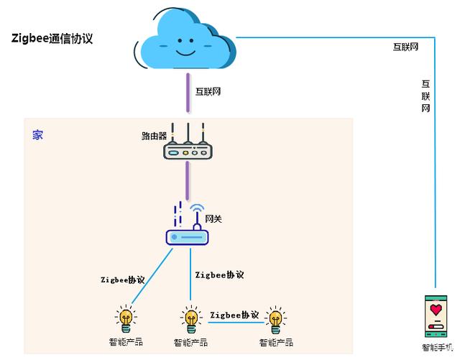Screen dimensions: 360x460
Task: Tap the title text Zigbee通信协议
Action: [x=52, y=39]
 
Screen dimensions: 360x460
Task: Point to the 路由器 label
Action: [x=154, y=135]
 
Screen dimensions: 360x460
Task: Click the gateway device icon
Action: [x=187, y=234]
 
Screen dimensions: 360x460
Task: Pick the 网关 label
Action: [x=213, y=218]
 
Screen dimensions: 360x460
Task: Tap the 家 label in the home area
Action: [x=37, y=134]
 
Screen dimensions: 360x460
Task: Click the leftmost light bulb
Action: [x=125, y=318]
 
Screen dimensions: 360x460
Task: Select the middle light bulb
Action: [x=190, y=318]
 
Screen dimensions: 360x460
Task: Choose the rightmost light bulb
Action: [x=274, y=318]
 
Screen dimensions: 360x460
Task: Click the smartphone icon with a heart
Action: [x=436, y=315]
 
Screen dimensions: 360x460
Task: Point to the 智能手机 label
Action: [x=438, y=347]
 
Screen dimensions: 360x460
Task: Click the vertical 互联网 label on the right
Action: [x=425, y=96]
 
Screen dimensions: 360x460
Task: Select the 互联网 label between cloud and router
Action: [x=208, y=92]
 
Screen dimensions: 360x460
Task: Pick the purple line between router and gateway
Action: [x=188, y=180]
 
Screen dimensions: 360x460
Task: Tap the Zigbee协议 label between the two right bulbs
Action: [x=234, y=315]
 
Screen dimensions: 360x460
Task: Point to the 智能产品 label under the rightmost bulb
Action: [x=273, y=342]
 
